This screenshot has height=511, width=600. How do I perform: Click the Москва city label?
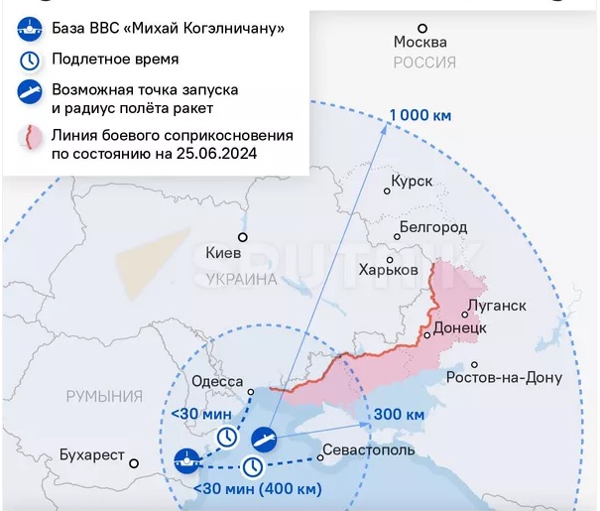420,43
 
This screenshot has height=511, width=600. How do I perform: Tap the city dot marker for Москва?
423,28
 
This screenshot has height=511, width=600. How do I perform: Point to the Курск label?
413,183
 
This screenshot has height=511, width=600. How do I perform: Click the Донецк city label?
459,327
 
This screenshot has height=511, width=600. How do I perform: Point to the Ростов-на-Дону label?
505,378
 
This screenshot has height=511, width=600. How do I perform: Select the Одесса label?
216,382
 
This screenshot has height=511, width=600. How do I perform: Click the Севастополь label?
366,451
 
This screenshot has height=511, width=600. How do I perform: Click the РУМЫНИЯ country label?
104,397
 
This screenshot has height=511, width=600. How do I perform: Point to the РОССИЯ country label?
424,63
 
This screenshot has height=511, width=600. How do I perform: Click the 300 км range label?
401,413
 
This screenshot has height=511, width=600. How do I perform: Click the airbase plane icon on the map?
185,459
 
